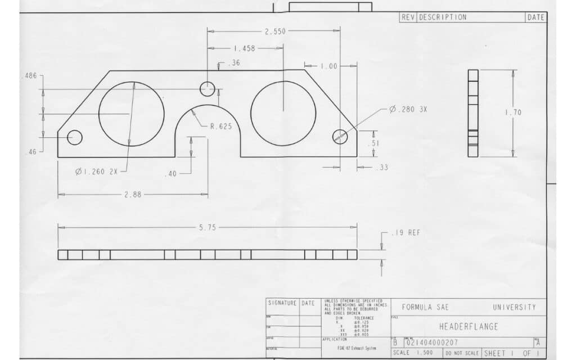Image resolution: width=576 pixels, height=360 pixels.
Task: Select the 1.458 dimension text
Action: click(244, 49)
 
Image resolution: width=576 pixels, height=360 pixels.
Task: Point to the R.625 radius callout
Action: click(220, 127)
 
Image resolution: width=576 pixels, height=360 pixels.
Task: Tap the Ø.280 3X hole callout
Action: click(408, 109)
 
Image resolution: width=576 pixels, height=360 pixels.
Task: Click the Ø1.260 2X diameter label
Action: click(97, 172)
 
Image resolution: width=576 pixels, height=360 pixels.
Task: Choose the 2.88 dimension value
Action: click(133, 195)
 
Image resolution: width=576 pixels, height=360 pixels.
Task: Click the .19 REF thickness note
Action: click(407, 232)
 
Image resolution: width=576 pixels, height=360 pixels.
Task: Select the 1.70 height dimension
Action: click(512, 112)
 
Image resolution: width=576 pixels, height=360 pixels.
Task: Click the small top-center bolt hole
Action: click(208, 89)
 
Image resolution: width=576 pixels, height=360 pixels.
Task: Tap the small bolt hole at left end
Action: click(75, 137)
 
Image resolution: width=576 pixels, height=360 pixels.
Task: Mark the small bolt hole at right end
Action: click(340, 136)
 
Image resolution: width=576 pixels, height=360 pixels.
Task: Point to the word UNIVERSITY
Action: click(514, 307)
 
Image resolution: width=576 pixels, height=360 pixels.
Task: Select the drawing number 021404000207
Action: click(432, 342)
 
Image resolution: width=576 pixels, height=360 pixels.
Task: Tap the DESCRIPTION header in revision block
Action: click(443, 17)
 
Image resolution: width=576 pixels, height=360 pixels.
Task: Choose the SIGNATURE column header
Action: click(282, 303)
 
